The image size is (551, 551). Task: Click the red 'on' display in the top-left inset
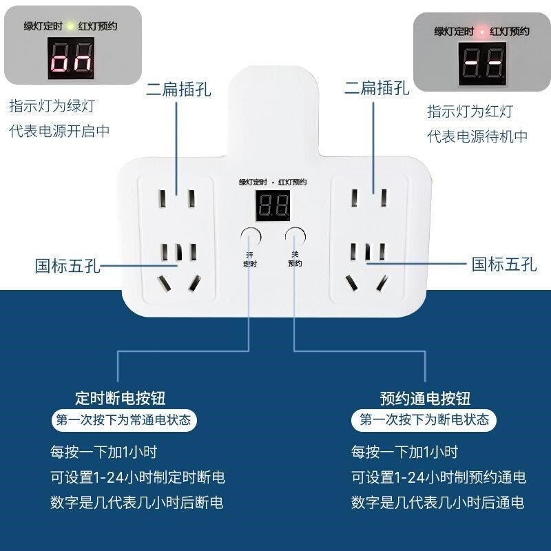coord(72,64)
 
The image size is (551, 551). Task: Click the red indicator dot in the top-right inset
coord(482,32)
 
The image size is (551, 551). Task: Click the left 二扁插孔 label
coord(178,89)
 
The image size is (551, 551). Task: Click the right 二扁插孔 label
coord(377,88)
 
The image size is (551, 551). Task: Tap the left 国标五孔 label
coord(68,265)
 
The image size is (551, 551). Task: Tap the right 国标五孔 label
coord(503,264)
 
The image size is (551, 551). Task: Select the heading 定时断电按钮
coord(121,398)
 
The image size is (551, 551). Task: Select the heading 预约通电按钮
coord(425,398)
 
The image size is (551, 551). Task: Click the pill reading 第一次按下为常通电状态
coord(124,419)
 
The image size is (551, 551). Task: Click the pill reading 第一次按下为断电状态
coord(425,419)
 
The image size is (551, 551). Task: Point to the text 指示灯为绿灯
coord(52,107)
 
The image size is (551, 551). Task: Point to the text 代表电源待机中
coord(477,136)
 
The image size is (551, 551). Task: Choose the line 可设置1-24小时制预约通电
coord(438,477)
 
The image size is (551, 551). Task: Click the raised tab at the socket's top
coord(273,103)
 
